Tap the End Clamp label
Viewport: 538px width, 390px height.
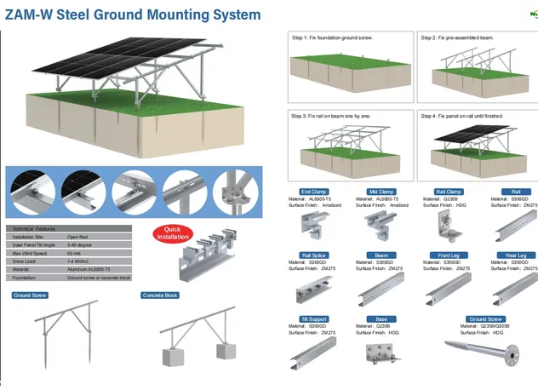pyautogui.click(x=314, y=192)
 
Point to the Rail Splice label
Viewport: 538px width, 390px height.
pyautogui.click(x=314, y=255)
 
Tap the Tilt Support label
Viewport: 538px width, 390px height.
pyautogui.click(x=314, y=318)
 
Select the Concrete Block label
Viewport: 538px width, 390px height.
pyautogui.click(x=160, y=295)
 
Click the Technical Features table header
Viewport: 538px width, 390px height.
pyautogui.click(x=34, y=229)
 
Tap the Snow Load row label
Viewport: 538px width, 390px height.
pyautogui.click(x=25, y=261)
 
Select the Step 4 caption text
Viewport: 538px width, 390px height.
pyautogui.click(x=465, y=115)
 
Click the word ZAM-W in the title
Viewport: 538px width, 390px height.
pyautogui.click(x=31, y=14)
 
